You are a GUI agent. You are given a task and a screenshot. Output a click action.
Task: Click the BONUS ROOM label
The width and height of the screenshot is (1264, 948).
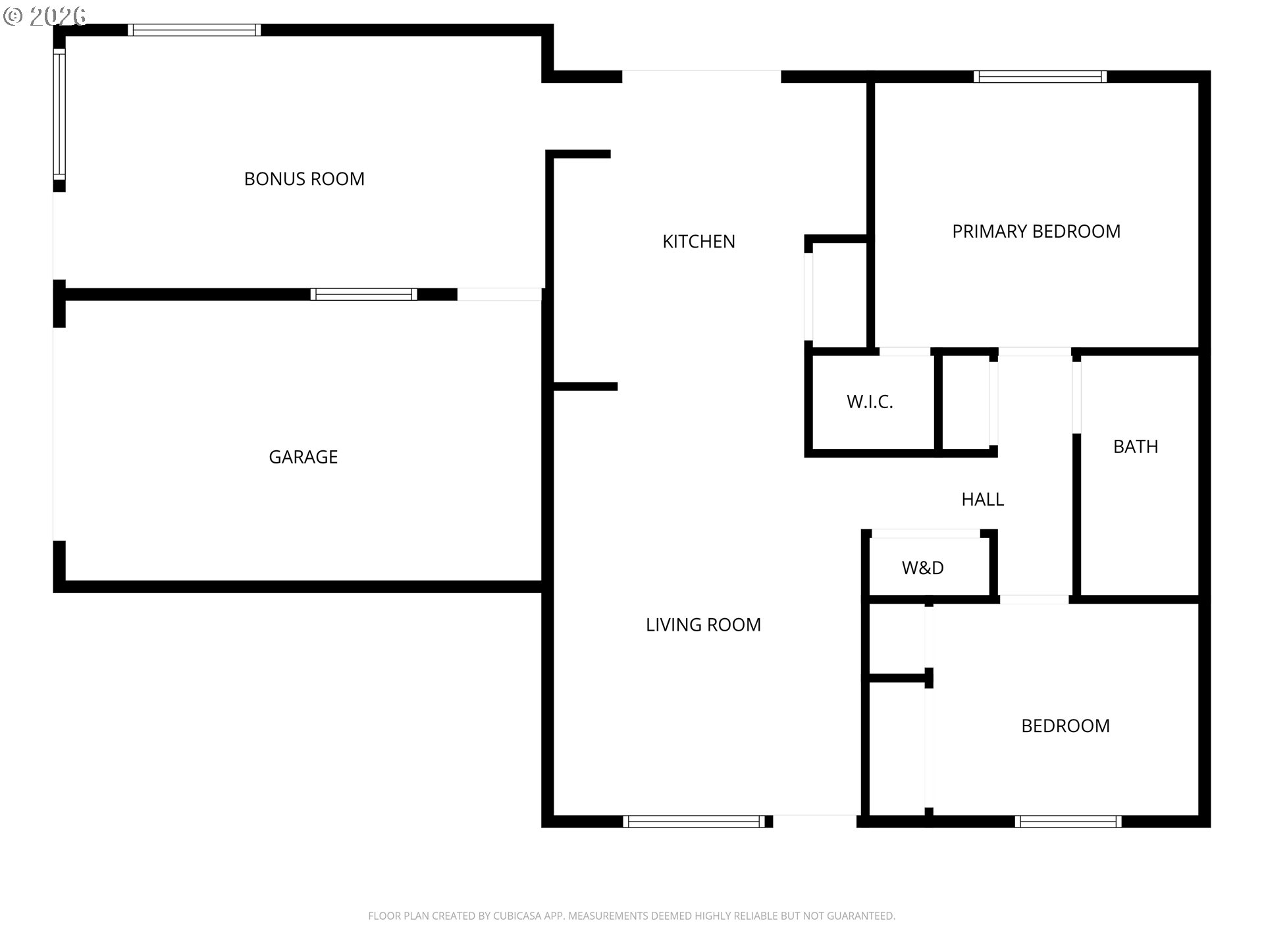click(x=304, y=179)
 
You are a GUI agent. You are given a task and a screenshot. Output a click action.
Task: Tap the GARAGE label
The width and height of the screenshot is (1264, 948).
click(x=303, y=457)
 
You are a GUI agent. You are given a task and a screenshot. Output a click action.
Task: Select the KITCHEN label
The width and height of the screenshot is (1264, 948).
click(x=698, y=242)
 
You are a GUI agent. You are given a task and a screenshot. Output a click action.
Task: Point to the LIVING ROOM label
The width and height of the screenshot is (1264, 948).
click(x=703, y=625)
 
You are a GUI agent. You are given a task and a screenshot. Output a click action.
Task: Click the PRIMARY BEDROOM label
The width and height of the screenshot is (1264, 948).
click(x=1036, y=232)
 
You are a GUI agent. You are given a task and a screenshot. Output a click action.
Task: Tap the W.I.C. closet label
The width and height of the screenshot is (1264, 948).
click(x=870, y=402)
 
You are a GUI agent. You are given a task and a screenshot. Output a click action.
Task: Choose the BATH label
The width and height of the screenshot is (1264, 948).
click(x=1136, y=447)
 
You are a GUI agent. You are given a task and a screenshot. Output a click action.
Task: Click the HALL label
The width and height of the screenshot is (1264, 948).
click(x=983, y=500)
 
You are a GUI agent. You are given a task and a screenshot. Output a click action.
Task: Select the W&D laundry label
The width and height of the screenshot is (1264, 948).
click(x=923, y=567)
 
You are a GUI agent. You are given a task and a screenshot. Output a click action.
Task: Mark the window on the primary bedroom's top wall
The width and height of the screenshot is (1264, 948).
click(x=1040, y=76)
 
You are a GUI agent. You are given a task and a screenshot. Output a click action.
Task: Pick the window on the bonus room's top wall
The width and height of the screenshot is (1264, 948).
click(x=194, y=30)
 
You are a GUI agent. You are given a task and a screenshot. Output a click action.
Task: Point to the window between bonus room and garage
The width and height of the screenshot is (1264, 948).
click(x=364, y=294)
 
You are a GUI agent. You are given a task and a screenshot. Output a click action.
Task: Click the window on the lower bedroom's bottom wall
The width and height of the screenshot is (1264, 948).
click(x=1068, y=822)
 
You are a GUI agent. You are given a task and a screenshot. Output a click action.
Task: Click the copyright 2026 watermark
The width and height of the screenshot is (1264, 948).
click(x=45, y=16)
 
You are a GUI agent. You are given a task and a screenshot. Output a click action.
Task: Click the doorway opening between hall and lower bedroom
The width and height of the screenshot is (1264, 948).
click(x=1034, y=600)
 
